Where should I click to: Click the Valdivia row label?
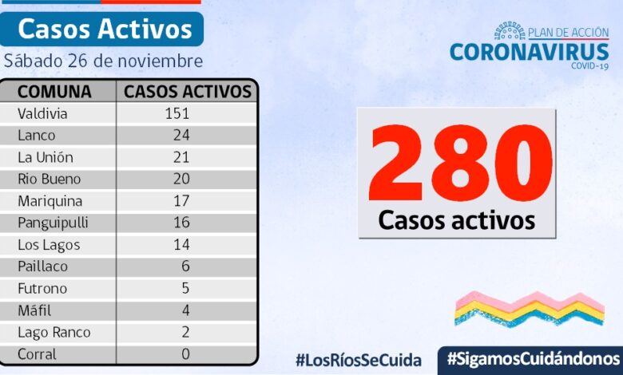click(x=42, y=113)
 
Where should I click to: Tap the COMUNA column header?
click(x=54, y=91)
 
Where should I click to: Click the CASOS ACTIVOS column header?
click(x=188, y=91)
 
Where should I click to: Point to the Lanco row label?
click(x=38, y=135)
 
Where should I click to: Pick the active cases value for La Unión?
click(x=181, y=157)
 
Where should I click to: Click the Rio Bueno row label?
click(x=49, y=179)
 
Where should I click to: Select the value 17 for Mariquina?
click(x=181, y=201)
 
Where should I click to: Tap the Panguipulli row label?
click(x=53, y=223)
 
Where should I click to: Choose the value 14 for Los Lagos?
click(x=181, y=245)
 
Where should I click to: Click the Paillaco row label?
click(x=42, y=266)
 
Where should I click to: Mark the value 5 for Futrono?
click(x=185, y=288)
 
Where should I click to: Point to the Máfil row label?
click(x=34, y=310)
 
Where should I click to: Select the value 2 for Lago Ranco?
click(x=185, y=332)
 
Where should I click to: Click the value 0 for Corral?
click(x=185, y=353)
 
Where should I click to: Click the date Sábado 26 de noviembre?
click(x=103, y=61)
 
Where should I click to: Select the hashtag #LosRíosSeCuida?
click(x=358, y=359)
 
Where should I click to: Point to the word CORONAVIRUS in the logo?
click(x=529, y=51)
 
